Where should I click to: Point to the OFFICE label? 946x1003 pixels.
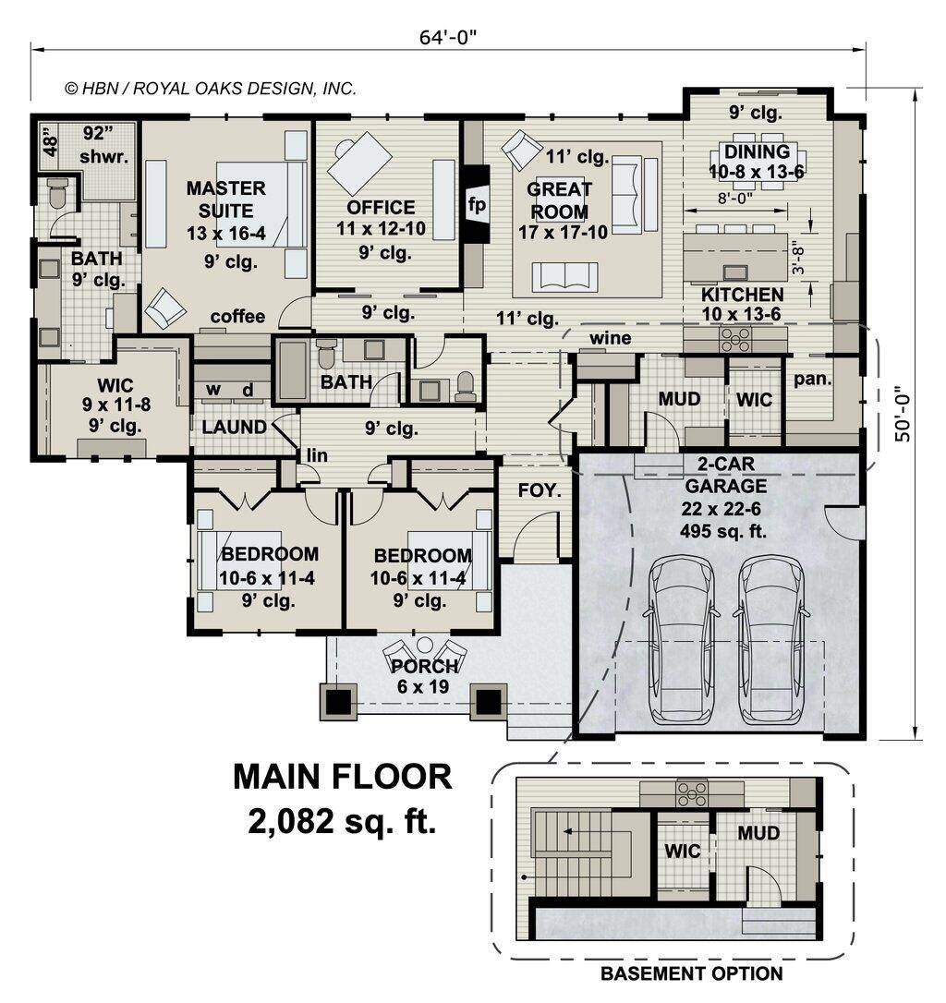[x=381, y=208]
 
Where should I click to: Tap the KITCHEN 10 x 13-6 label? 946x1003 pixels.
[x=742, y=304]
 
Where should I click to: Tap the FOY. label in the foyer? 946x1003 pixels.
[x=540, y=491]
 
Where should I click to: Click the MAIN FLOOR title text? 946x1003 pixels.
[x=342, y=777]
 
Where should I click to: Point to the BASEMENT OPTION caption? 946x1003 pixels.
[x=691, y=973]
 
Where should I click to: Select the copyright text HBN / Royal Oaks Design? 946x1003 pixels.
[x=210, y=89]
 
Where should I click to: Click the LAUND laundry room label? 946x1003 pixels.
[x=235, y=428]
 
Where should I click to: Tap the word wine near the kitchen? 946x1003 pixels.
[x=610, y=339]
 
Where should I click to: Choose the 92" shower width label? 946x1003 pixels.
[x=94, y=131]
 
